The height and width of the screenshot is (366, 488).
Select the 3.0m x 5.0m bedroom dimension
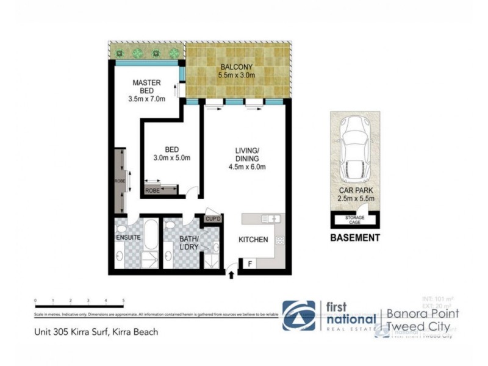(171, 157)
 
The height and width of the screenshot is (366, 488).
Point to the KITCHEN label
(253, 240)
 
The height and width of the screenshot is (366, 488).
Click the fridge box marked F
(249, 264)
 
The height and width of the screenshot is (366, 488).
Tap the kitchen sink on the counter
(269, 218)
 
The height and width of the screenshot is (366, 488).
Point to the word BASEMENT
(355, 238)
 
